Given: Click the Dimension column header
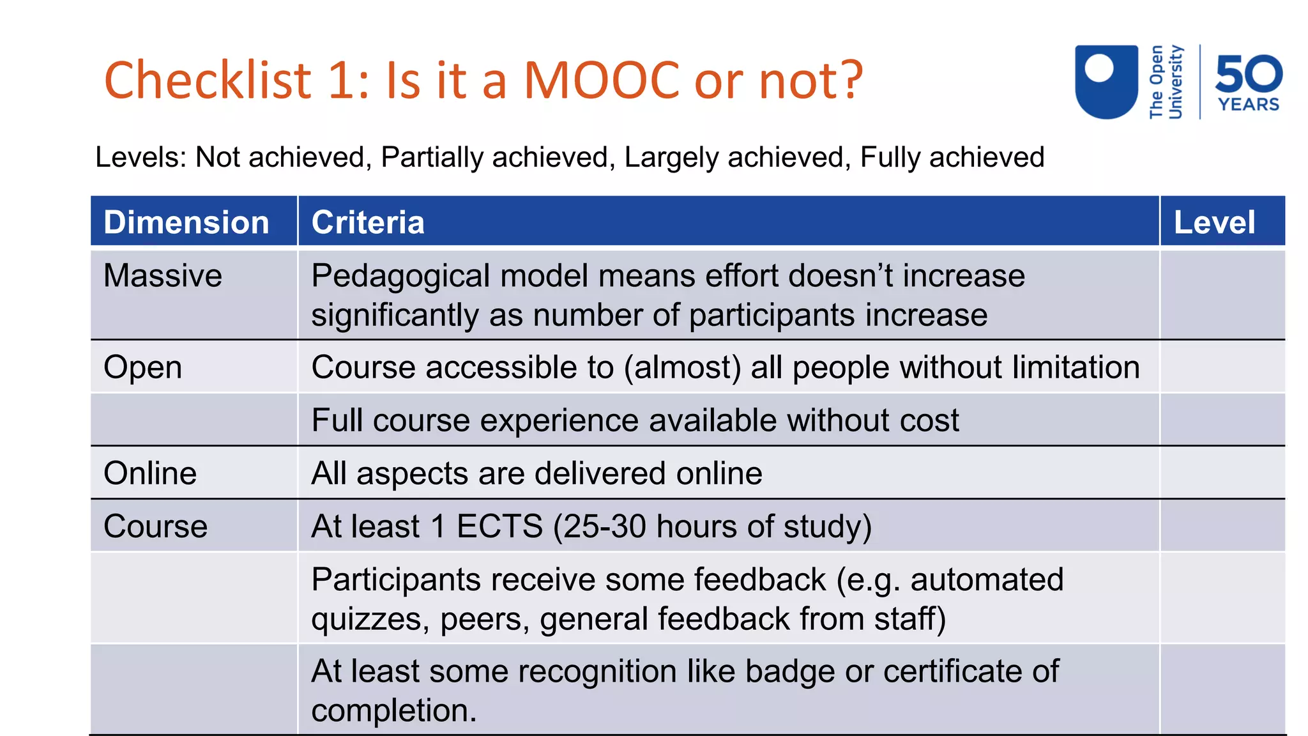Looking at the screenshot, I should pos(186,222).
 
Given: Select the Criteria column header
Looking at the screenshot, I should pos(368,222).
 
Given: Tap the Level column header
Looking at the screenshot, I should pos(1214,222).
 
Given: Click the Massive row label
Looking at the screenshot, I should pos(163,276).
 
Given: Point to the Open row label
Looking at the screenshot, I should pos(143,368).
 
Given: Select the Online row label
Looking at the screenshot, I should pos(150,473).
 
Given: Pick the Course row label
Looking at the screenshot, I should pos(155,526).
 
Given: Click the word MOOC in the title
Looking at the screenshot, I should pos(602,80).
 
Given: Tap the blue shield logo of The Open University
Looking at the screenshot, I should pos(1106,81).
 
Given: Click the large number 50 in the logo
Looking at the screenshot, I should pos(1249,73).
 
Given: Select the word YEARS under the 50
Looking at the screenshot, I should pos(1249,105).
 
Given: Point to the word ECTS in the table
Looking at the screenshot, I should pos(499,526).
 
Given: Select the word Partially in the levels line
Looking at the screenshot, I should pos(432,157).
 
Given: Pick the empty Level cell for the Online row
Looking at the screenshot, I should pos(1222,473).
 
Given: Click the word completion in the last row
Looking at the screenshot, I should pos(393,710).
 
